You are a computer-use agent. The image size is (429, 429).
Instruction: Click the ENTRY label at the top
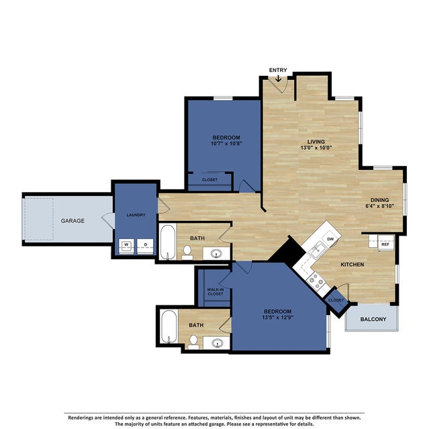pos(279,70)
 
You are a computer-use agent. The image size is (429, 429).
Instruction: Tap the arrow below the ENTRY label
pos(279,78)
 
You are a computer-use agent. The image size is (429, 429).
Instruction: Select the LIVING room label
pos(316,142)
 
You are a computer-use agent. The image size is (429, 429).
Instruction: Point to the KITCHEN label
pos(352,265)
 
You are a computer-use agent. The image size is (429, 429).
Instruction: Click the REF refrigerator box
pos(385,244)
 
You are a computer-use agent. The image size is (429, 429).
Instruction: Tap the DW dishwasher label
pos(330,238)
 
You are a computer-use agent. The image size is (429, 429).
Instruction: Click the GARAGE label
pos(73,220)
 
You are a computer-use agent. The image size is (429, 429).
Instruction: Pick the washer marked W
pos(126,245)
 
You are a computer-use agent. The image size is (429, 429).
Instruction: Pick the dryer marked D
pos(145,245)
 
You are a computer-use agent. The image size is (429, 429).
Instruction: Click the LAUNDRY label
pos(136,215)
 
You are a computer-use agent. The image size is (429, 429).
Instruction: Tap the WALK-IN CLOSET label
pos(215,292)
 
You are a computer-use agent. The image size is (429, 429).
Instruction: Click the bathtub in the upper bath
pos(167,242)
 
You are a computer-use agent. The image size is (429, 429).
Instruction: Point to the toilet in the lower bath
pos(193,342)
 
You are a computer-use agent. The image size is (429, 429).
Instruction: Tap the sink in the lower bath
pos(218,343)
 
